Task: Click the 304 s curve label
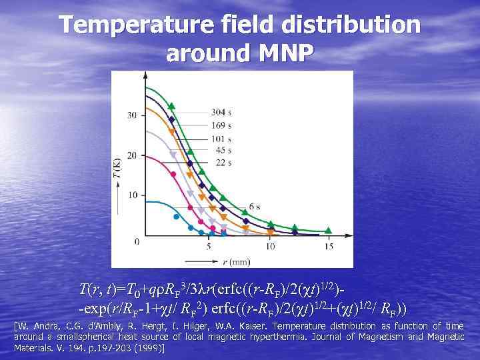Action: [221, 111]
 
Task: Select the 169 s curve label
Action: [221, 124]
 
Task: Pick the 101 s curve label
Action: [221, 137]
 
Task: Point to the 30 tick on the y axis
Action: [133, 115]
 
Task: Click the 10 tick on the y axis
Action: [133, 195]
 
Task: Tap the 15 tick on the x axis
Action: [329, 246]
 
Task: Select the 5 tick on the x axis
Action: [209, 246]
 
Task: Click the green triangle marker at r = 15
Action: [329, 231]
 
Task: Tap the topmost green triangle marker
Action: [171, 105]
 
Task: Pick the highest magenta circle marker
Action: [173, 174]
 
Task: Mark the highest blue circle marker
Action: [176, 216]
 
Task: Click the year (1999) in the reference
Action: [150, 348]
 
